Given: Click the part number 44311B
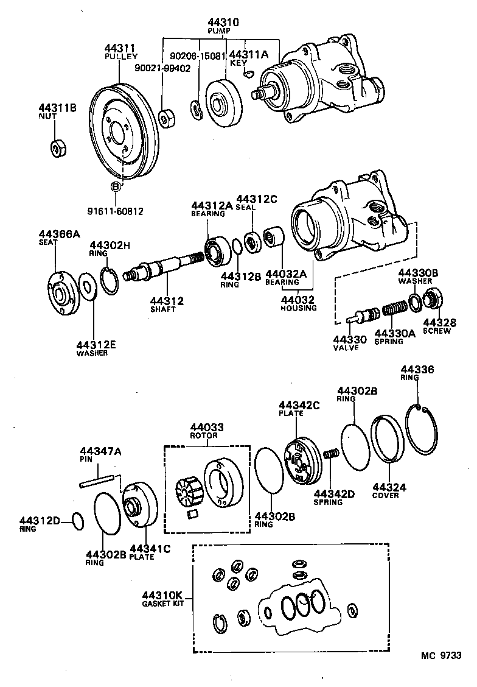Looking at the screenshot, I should [x=58, y=108].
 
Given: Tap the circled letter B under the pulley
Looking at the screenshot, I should [x=115, y=187].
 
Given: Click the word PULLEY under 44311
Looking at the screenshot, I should [x=121, y=56].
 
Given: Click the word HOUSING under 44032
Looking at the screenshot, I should [x=298, y=308].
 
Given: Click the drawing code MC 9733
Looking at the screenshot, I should [x=441, y=656].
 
